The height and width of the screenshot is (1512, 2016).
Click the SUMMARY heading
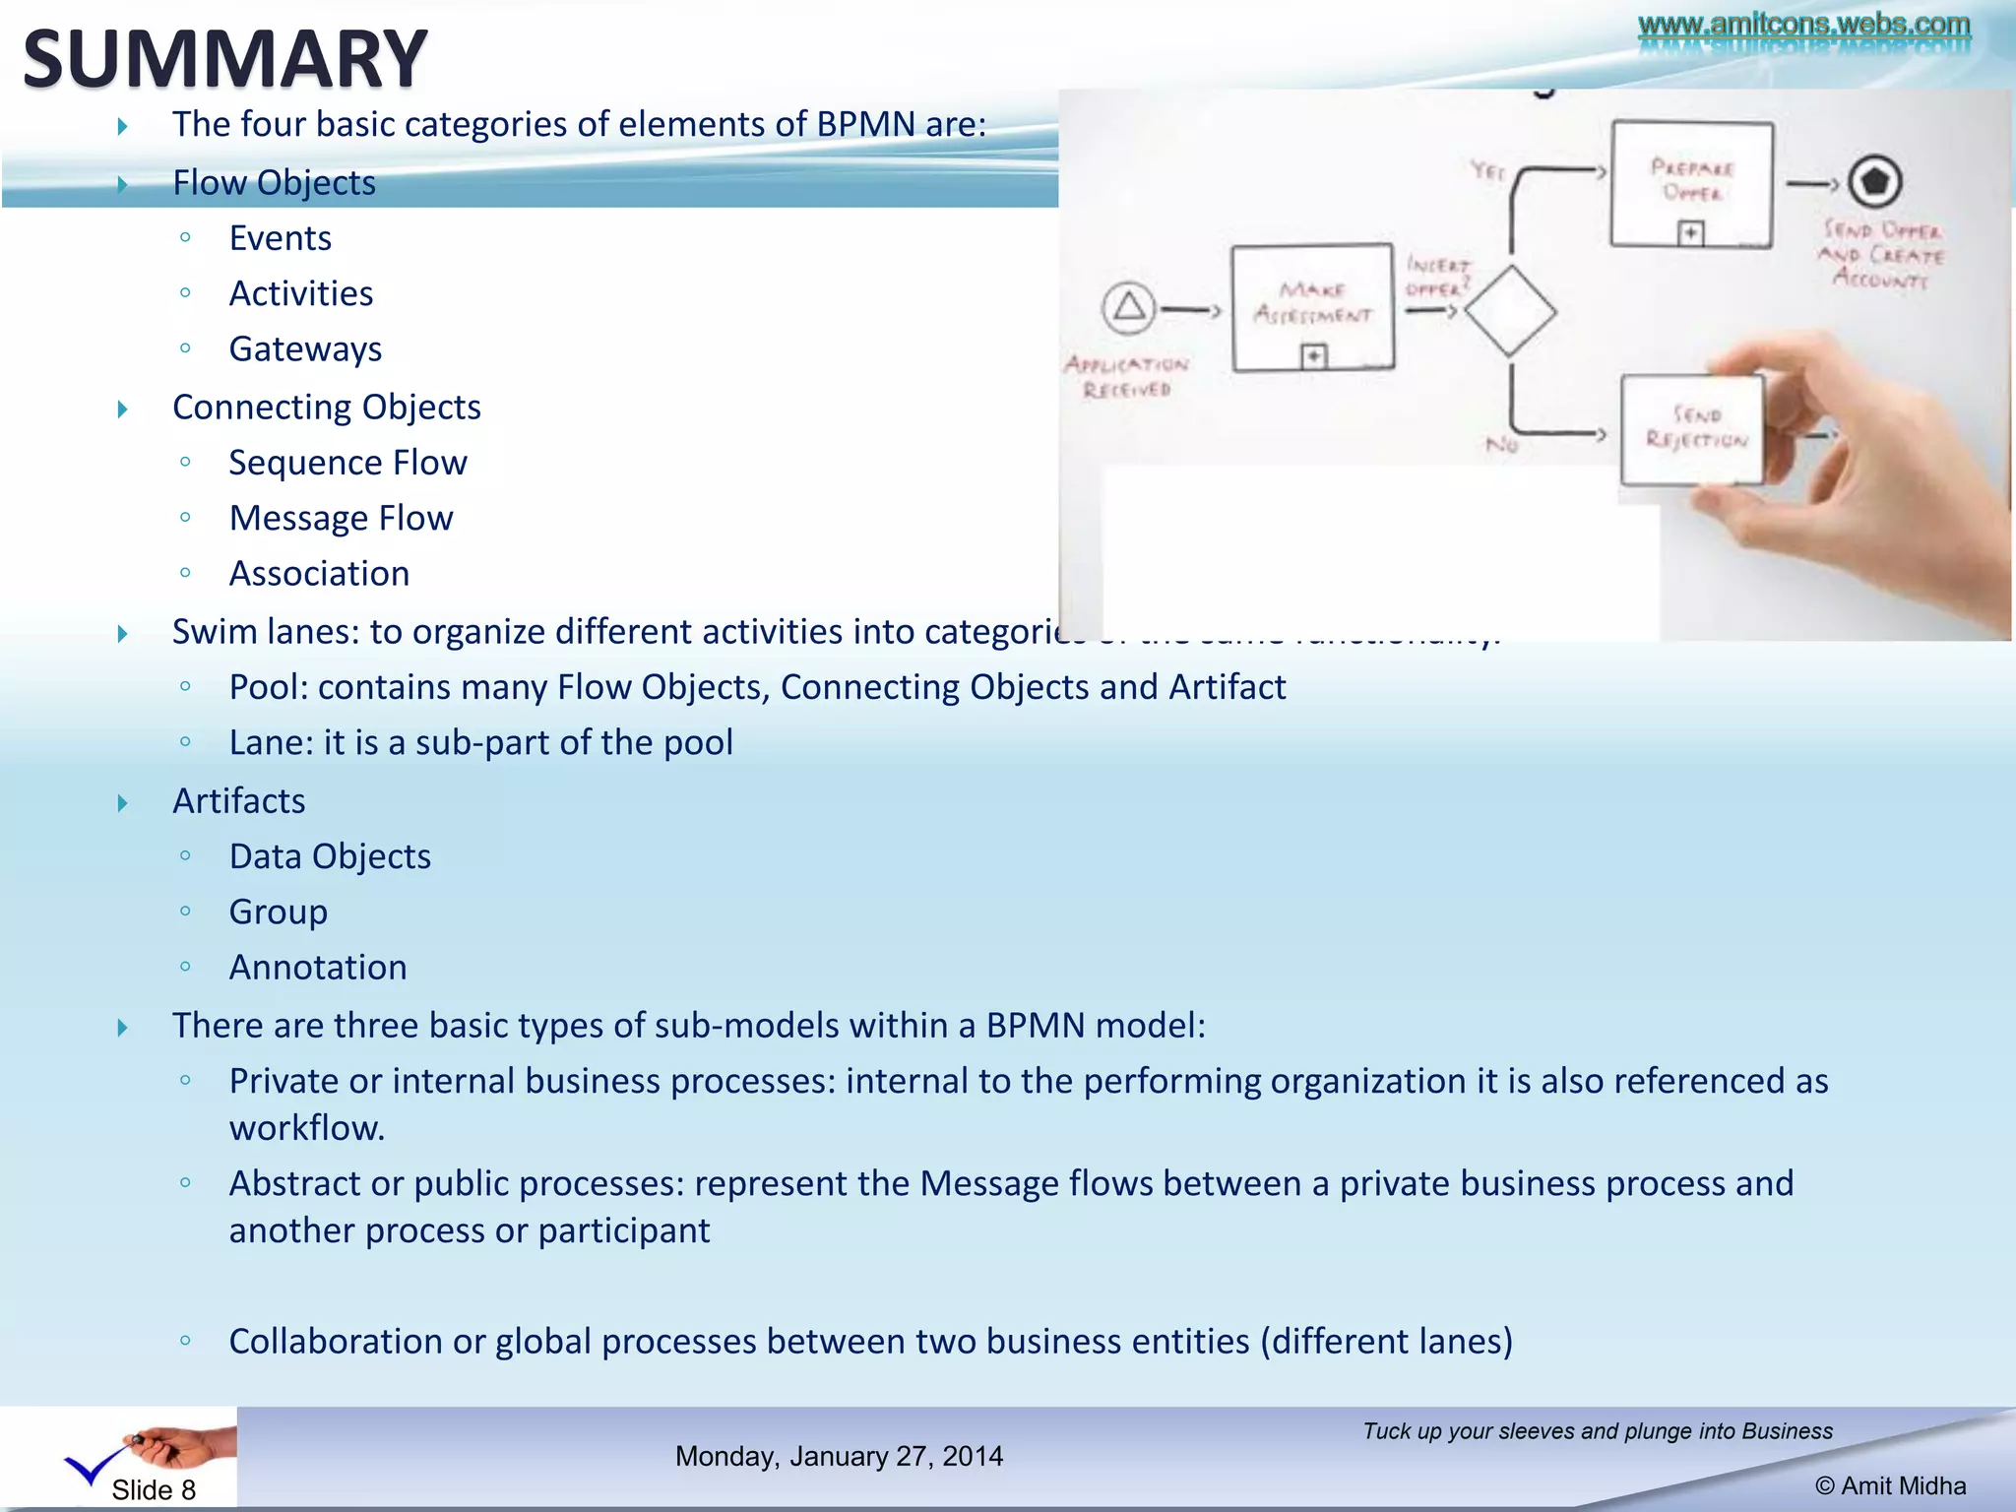tap(224, 59)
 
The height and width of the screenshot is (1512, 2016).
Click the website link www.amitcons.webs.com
tap(1803, 25)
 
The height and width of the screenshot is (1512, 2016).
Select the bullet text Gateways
tap(305, 349)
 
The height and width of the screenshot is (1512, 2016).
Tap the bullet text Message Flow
tap(341, 519)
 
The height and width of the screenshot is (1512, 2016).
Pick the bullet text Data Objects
tap(330, 857)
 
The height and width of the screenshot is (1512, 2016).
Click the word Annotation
tap(318, 968)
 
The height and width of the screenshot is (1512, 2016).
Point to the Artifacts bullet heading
tap(238, 801)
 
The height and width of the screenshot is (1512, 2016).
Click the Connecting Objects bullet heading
tap(326, 408)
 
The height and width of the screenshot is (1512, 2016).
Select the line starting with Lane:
tap(480, 743)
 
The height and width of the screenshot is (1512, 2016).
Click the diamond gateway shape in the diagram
tap(1510, 311)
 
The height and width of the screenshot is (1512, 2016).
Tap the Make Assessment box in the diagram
tap(1312, 306)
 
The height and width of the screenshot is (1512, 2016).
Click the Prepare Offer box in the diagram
tap(1691, 184)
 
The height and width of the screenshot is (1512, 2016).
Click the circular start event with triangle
tap(1128, 307)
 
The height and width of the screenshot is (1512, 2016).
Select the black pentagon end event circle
tap(1874, 181)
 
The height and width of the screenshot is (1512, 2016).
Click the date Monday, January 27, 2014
tap(839, 1456)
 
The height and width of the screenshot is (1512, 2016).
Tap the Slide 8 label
tap(153, 1490)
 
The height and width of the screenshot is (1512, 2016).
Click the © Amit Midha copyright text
tap(1890, 1486)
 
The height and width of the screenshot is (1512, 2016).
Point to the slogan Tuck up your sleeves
tap(1597, 1431)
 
